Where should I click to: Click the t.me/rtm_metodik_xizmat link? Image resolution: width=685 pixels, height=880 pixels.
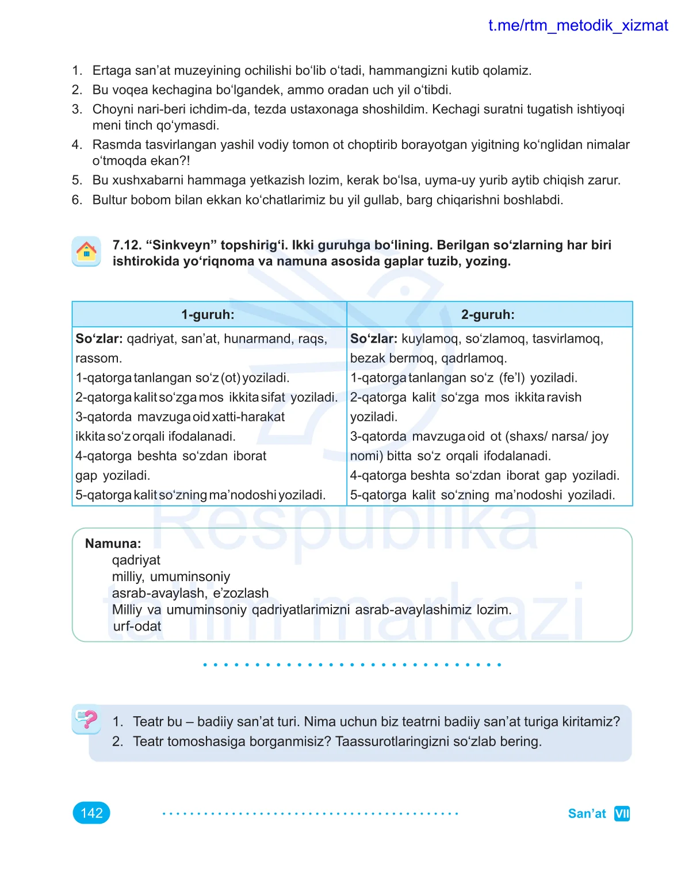click(577, 25)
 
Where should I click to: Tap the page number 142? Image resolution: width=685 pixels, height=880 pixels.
click(91, 813)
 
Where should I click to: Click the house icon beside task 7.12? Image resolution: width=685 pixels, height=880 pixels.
click(86, 252)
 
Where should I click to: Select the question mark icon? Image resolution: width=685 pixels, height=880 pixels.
click(86, 718)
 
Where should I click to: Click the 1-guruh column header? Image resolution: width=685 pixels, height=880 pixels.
click(208, 314)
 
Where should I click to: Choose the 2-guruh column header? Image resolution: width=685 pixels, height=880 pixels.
click(488, 314)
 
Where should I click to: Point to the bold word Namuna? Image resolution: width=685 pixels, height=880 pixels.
click(113, 543)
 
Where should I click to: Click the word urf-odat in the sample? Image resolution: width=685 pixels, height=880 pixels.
click(137, 626)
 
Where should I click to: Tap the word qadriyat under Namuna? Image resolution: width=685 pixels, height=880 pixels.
click(136, 560)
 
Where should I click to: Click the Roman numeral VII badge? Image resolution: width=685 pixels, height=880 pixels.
click(622, 813)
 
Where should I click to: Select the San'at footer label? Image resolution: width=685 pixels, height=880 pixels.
click(587, 813)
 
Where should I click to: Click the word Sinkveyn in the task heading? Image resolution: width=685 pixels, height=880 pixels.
click(182, 245)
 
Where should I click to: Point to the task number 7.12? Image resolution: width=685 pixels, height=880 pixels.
click(127, 245)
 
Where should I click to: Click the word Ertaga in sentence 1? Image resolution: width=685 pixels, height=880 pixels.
click(112, 71)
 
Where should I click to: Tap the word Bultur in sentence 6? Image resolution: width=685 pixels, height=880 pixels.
click(110, 200)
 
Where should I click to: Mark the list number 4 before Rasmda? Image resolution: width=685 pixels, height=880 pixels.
click(76, 145)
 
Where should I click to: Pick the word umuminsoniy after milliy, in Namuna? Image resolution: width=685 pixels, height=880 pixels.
click(190, 577)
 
